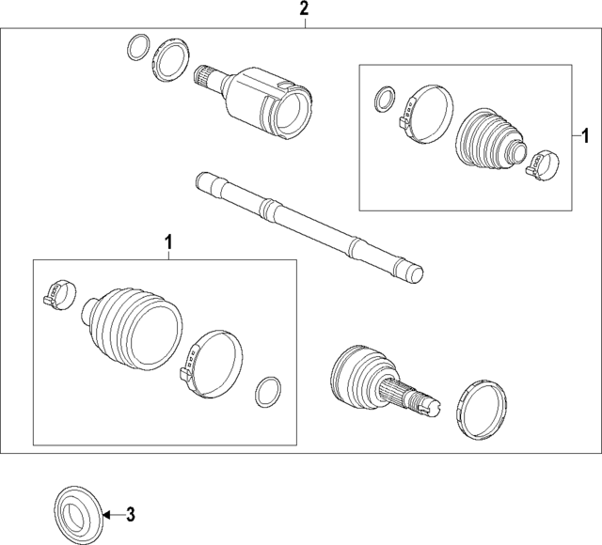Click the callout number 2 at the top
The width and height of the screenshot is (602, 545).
304,8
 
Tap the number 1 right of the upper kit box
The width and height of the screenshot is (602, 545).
585,136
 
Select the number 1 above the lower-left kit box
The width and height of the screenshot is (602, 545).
168,242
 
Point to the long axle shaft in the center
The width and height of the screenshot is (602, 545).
309,227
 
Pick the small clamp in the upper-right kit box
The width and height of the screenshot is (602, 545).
543,165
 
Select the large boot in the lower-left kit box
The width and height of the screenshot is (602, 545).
132,329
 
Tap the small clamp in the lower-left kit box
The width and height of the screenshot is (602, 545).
58,295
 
